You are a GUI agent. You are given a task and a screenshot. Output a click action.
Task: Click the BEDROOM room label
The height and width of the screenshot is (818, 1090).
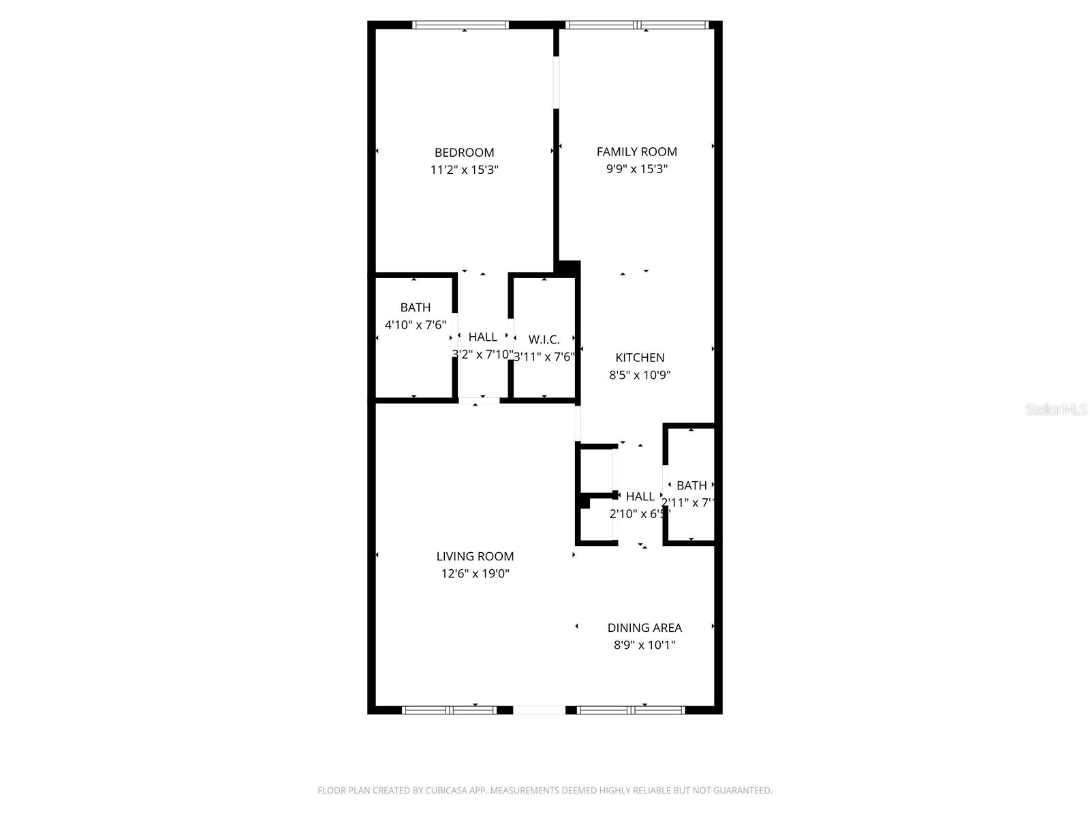tap(464, 153)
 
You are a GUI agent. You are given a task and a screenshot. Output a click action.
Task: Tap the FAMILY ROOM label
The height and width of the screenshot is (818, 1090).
tap(636, 152)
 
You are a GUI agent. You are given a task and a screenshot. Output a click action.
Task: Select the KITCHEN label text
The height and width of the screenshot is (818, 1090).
tap(640, 358)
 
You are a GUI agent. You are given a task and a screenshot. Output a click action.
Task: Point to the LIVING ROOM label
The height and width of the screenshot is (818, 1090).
tap(475, 556)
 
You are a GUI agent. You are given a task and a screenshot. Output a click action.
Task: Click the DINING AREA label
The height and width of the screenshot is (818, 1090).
tap(644, 628)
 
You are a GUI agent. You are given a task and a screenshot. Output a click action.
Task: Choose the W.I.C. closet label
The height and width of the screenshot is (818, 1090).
tap(544, 339)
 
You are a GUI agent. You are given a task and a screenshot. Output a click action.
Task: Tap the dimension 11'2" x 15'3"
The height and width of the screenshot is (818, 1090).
tap(464, 170)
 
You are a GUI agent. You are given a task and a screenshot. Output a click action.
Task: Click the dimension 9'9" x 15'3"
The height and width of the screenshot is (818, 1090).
tap(636, 169)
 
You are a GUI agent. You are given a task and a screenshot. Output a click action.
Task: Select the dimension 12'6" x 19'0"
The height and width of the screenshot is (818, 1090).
tap(475, 574)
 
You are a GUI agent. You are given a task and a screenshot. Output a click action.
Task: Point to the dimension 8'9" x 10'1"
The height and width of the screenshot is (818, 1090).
tap(644, 645)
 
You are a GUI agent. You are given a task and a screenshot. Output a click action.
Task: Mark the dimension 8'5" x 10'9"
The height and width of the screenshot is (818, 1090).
tap(640, 375)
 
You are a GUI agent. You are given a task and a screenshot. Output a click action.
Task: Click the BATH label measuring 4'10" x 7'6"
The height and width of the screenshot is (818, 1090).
tap(415, 308)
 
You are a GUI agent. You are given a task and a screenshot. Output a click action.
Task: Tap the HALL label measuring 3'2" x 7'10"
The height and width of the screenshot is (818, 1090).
tap(482, 337)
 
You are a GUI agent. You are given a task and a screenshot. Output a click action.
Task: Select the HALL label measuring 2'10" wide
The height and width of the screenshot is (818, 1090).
tap(640, 497)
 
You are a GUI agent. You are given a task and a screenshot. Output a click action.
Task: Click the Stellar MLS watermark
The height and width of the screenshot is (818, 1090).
tap(1056, 410)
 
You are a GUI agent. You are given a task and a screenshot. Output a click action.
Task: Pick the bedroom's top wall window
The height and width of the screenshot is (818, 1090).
tap(461, 25)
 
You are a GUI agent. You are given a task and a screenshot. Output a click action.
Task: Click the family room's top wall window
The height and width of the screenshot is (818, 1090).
tap(637, 25)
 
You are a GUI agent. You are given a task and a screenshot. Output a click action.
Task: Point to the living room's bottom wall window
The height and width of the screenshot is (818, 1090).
tap(450, 710)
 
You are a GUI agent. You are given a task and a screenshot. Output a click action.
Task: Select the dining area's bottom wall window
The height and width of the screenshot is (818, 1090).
tap(631, 710)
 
